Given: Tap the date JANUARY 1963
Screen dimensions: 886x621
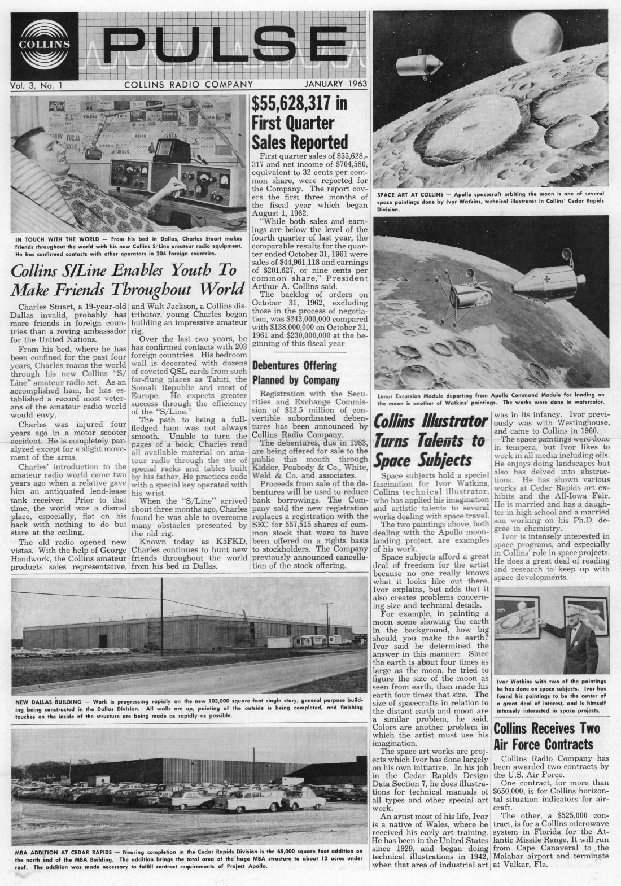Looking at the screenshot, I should point(335,85).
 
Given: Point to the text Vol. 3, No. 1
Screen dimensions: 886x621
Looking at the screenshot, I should point(36,85).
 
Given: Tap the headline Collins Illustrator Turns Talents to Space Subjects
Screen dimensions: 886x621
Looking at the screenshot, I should point(430,440).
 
